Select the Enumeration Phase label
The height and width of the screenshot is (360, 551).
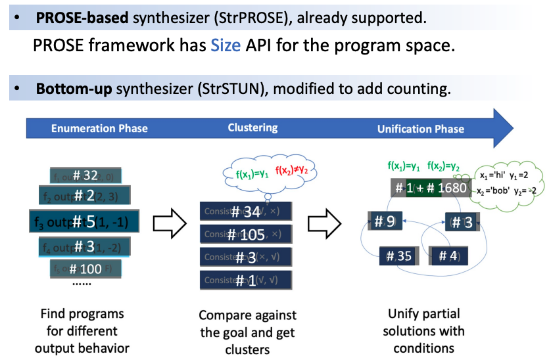pos(99,129)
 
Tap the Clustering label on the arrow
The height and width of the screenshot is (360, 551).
pos(252,127)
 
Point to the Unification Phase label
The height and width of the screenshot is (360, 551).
pos(421,129)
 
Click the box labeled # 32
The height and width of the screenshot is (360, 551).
pos(85,175)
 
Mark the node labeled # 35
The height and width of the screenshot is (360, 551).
pos(398,256)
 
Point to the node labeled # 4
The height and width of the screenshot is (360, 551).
pos(448,256)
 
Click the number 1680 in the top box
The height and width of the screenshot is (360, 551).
pos(452,189)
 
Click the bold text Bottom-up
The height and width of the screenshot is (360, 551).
pos(73,89)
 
